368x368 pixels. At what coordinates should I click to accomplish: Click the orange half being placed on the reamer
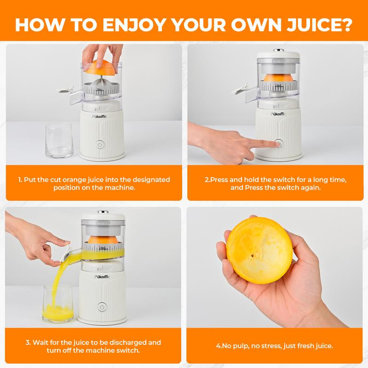click(98, 67)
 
